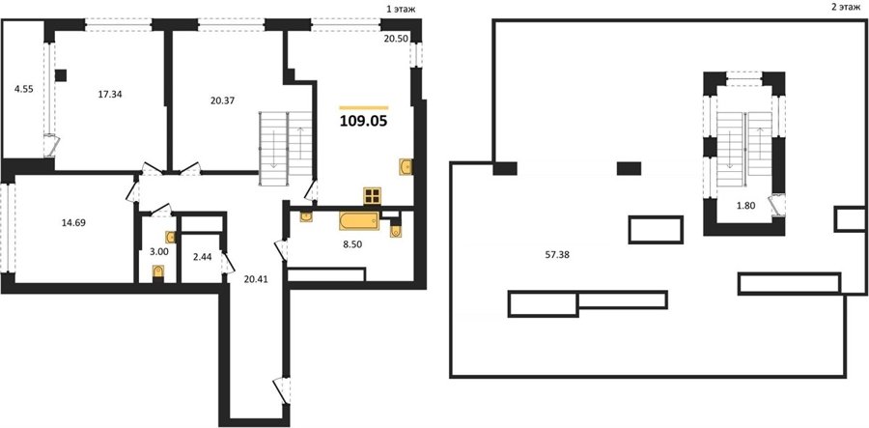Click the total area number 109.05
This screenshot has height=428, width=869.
click(364, 121)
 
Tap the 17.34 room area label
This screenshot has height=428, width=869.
click(110, 95)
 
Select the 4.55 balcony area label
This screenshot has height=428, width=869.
click(24, 89)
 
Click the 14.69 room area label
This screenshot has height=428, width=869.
click(75, 223)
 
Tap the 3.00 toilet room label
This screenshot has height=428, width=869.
click(159, 251)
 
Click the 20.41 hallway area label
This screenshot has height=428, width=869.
click(256, 279)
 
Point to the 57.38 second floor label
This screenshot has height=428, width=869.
click(557, 255)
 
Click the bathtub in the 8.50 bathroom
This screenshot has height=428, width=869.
click(359, 221)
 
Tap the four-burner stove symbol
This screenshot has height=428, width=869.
click(372, 196)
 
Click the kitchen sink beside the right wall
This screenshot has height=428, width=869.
click(406, 166)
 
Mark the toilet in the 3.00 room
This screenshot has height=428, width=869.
click(159, 271)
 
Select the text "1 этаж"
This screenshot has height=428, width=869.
click(401, 9)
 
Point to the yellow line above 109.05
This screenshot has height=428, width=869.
click(364, 107)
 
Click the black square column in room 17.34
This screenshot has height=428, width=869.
click(61, 74)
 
